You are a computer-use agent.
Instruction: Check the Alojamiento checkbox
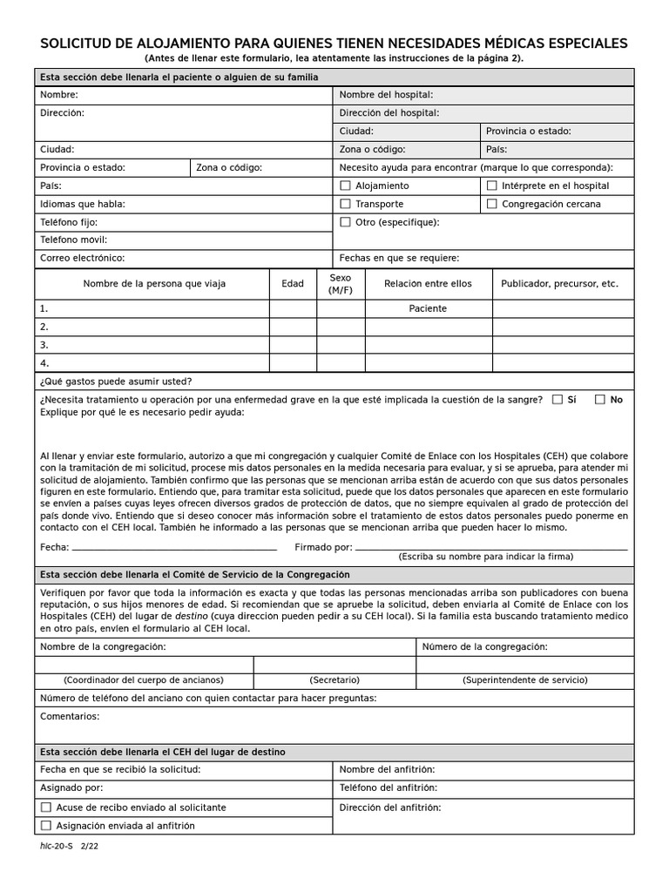point(345,186)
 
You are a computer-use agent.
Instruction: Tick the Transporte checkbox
point(345,204)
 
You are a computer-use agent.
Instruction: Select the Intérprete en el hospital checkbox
point(492,186)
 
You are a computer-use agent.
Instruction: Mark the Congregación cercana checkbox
point(492,204)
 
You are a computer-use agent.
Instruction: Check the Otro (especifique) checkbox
point(345,222)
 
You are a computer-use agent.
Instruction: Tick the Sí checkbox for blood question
point(557,400)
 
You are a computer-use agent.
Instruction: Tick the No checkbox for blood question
point(599,400)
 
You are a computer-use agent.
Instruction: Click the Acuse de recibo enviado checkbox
point(46,808)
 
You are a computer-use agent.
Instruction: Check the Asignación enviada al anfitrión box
point(46,826)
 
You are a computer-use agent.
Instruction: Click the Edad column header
point(293,284)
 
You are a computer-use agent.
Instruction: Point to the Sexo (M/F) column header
point(341,284)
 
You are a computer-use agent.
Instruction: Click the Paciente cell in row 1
point(428,308)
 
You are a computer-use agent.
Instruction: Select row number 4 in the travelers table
point(44,363)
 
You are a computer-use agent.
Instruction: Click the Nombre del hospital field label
point(386,95)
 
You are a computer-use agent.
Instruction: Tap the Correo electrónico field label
point(83,258)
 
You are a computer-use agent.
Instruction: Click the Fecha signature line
point(174,549)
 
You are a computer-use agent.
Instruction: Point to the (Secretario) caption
point(334,679)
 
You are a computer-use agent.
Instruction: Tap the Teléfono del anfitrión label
point(389,787)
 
